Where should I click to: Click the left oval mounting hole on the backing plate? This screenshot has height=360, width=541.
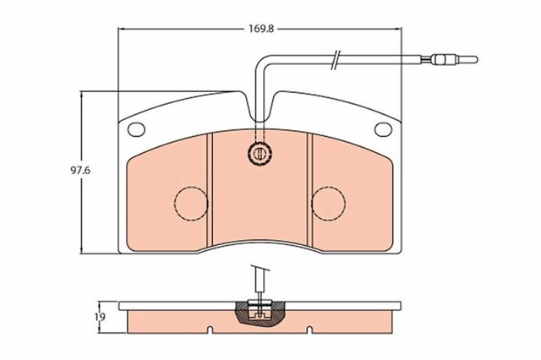(x=134, y=129)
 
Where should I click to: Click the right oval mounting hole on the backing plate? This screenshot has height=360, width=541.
(x=383, y=129)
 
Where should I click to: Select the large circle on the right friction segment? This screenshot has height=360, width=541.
(x=328, y=202)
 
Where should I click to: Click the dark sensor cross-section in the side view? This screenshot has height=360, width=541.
(x=260, y=314)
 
